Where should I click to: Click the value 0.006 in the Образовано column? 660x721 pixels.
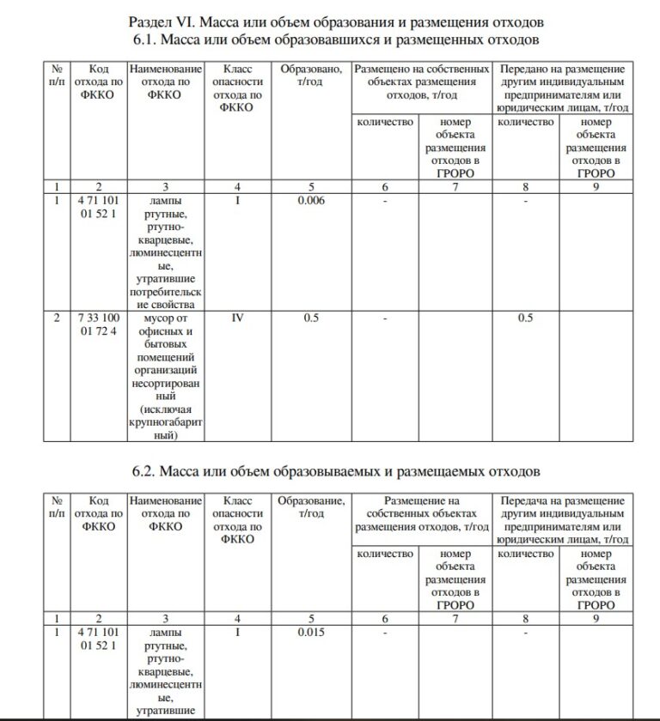310,201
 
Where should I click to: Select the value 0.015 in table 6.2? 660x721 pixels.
310,633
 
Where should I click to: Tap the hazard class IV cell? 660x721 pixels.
238,318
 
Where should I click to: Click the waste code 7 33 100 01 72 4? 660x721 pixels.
98,324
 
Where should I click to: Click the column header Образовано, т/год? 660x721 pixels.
310,75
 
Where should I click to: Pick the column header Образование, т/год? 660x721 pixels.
310,506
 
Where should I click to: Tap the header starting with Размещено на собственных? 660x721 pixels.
421,82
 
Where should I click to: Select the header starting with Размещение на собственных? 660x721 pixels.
421,513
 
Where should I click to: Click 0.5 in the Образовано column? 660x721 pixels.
310,318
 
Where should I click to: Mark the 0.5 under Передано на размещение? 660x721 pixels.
525,318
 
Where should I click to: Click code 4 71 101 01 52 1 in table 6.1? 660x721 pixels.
98,207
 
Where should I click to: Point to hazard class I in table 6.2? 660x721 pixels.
238,633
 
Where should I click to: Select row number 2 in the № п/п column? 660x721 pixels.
56,318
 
